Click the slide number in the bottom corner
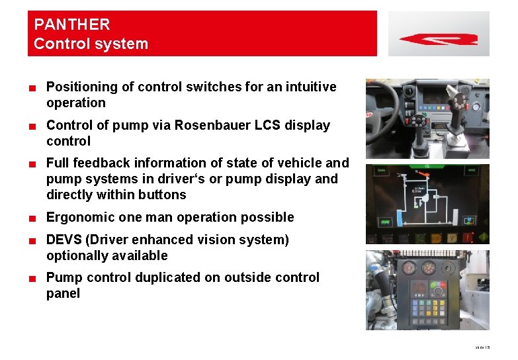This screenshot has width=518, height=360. (484, 347)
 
